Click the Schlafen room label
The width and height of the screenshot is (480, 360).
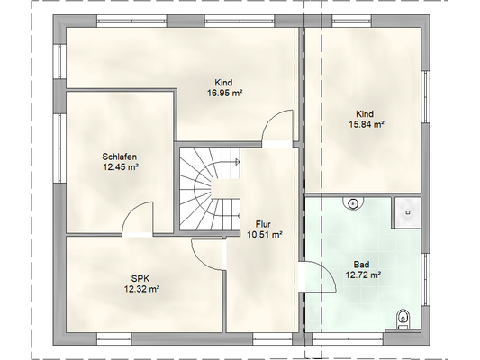coord(120,157)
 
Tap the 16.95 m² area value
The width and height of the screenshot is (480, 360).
coord(225,93)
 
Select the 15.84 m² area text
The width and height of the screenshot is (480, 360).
coord(367,124)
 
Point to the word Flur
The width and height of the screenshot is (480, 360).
coord(263,224)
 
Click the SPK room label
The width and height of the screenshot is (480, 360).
coord(140,279)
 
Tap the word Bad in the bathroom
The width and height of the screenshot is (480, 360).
coord(361,265)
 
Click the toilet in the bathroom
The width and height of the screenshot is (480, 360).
coord(403,319)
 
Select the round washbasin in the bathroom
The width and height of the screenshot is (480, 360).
coord(353,203)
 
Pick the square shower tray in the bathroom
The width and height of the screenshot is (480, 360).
coord(408,212)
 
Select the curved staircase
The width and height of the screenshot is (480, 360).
coord(210,189)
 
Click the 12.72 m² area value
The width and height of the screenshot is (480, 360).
coord(363,274)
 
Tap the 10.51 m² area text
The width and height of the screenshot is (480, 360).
coord(265,235)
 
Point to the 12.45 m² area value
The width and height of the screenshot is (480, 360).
coord(120,167)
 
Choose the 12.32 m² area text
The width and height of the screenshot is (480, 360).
coord(141,289)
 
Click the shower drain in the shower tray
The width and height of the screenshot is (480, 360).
coord(408,212)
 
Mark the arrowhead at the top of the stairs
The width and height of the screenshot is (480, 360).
coord(237,161)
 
